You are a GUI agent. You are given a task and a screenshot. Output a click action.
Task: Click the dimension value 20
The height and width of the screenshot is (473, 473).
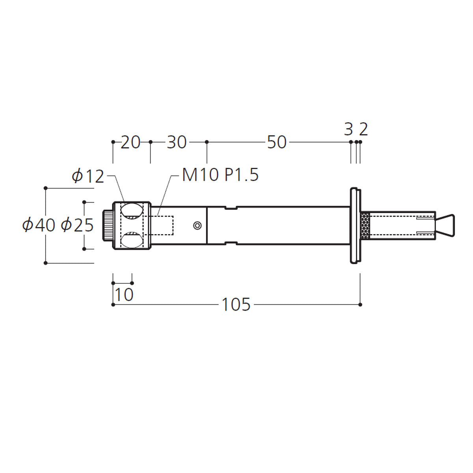130,142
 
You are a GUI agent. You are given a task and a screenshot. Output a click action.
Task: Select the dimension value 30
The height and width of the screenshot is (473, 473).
177,142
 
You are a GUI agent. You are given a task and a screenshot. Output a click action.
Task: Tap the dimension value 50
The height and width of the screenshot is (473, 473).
277,142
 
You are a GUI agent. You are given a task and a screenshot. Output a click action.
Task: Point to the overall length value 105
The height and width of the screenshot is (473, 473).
236,305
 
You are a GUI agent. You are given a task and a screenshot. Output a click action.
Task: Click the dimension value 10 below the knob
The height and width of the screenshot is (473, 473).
124,294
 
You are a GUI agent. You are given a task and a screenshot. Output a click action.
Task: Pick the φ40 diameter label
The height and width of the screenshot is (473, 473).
39,225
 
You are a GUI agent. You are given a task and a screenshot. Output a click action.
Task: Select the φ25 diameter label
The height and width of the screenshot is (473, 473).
77,225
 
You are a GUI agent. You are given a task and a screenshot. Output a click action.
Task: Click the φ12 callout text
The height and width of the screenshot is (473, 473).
88,176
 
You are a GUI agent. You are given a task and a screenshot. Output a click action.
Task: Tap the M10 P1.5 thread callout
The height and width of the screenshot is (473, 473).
220,175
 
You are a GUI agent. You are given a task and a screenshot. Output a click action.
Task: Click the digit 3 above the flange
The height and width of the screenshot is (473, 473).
348,129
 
